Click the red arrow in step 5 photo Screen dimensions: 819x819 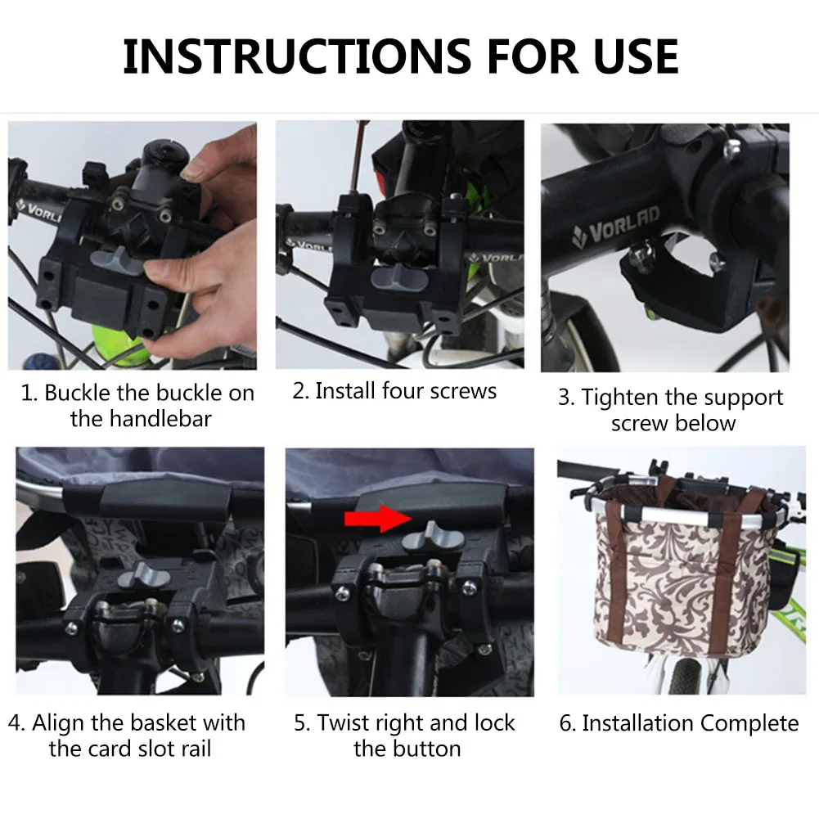click(378, 518)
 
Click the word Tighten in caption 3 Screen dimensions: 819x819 click(619, 398)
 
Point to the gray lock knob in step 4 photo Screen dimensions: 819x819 click(143, 576)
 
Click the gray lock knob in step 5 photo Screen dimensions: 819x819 click(433, 538)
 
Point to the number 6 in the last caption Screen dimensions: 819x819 click(565, 724)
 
